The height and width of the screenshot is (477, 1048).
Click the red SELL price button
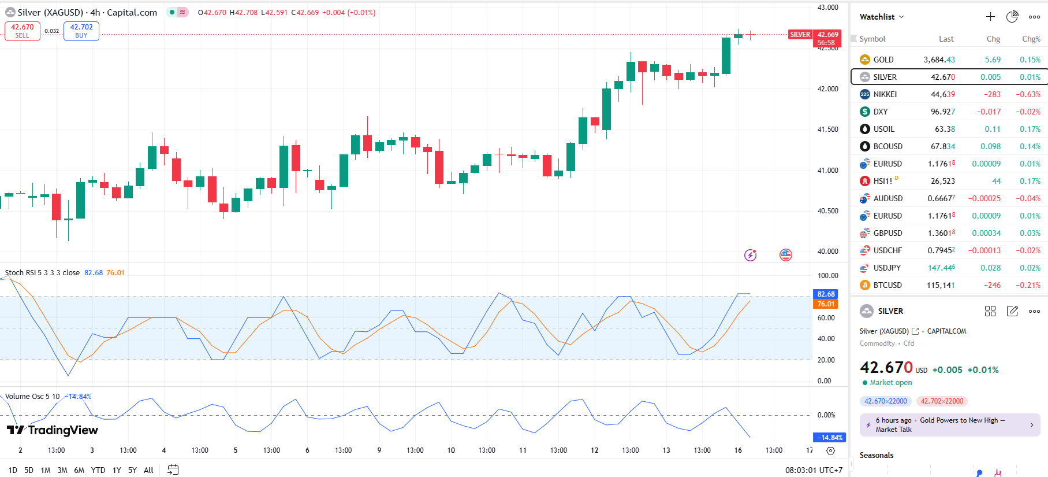23,31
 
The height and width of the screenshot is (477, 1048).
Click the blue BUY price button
81,31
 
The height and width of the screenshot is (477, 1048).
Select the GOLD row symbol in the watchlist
883,60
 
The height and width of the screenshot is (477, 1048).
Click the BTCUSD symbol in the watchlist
887,285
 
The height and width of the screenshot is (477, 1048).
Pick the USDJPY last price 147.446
941,268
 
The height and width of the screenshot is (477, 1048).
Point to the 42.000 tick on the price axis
827,89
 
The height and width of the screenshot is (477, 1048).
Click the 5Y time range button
132,470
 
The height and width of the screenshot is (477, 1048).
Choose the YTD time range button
98,470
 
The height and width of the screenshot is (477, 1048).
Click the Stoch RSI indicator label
42,273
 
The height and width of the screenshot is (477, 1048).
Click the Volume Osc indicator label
32,397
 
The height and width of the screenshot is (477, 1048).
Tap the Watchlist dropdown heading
881,17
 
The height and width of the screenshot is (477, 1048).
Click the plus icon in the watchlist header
990,17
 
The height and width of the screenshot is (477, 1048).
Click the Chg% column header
1031,39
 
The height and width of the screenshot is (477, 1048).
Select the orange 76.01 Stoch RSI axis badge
826,304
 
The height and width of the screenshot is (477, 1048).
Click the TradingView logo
53,430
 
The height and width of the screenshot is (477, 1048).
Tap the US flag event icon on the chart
786,255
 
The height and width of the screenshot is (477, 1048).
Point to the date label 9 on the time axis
379,450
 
